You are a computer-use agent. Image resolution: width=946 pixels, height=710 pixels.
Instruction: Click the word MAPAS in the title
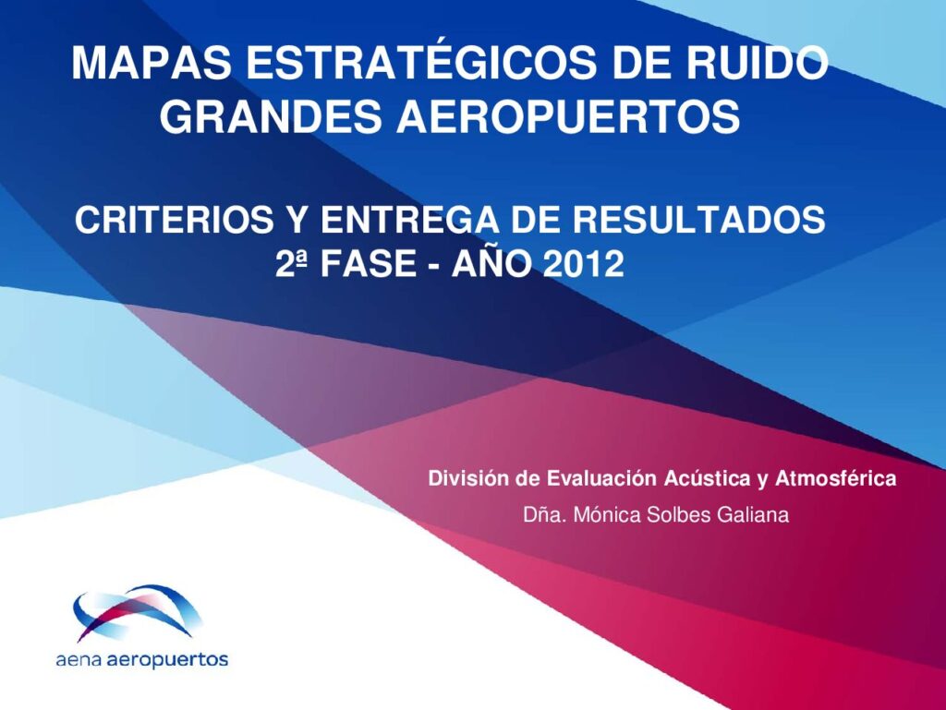click(x=152, y=63)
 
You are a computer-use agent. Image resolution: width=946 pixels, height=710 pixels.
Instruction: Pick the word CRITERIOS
click(x=175, y=220)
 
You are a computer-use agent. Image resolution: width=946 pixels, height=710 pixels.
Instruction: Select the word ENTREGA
click(x=409, y=220)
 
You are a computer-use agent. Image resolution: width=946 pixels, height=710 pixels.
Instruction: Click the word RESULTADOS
click(x=698, y=220)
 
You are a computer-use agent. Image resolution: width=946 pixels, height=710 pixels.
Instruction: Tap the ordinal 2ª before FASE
click(x=291, y=264)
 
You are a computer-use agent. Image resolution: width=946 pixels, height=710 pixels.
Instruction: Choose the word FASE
click(x=368, y=264)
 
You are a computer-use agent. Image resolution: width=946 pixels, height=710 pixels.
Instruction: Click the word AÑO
click(x=491, y=263)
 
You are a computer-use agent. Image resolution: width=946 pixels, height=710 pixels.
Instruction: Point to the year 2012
click(x=584, y=264)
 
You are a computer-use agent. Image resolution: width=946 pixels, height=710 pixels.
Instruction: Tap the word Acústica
click(x=707, y=478)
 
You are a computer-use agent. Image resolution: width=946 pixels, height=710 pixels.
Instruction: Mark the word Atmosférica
click(x=835, y=478)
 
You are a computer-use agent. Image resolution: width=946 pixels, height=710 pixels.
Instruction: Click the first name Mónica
click(x=606, y=515)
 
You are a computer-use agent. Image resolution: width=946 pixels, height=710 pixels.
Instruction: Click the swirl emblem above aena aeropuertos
click(x=138, y=612)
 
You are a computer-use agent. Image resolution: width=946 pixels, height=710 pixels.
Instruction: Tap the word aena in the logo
click(x=79, y=660)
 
